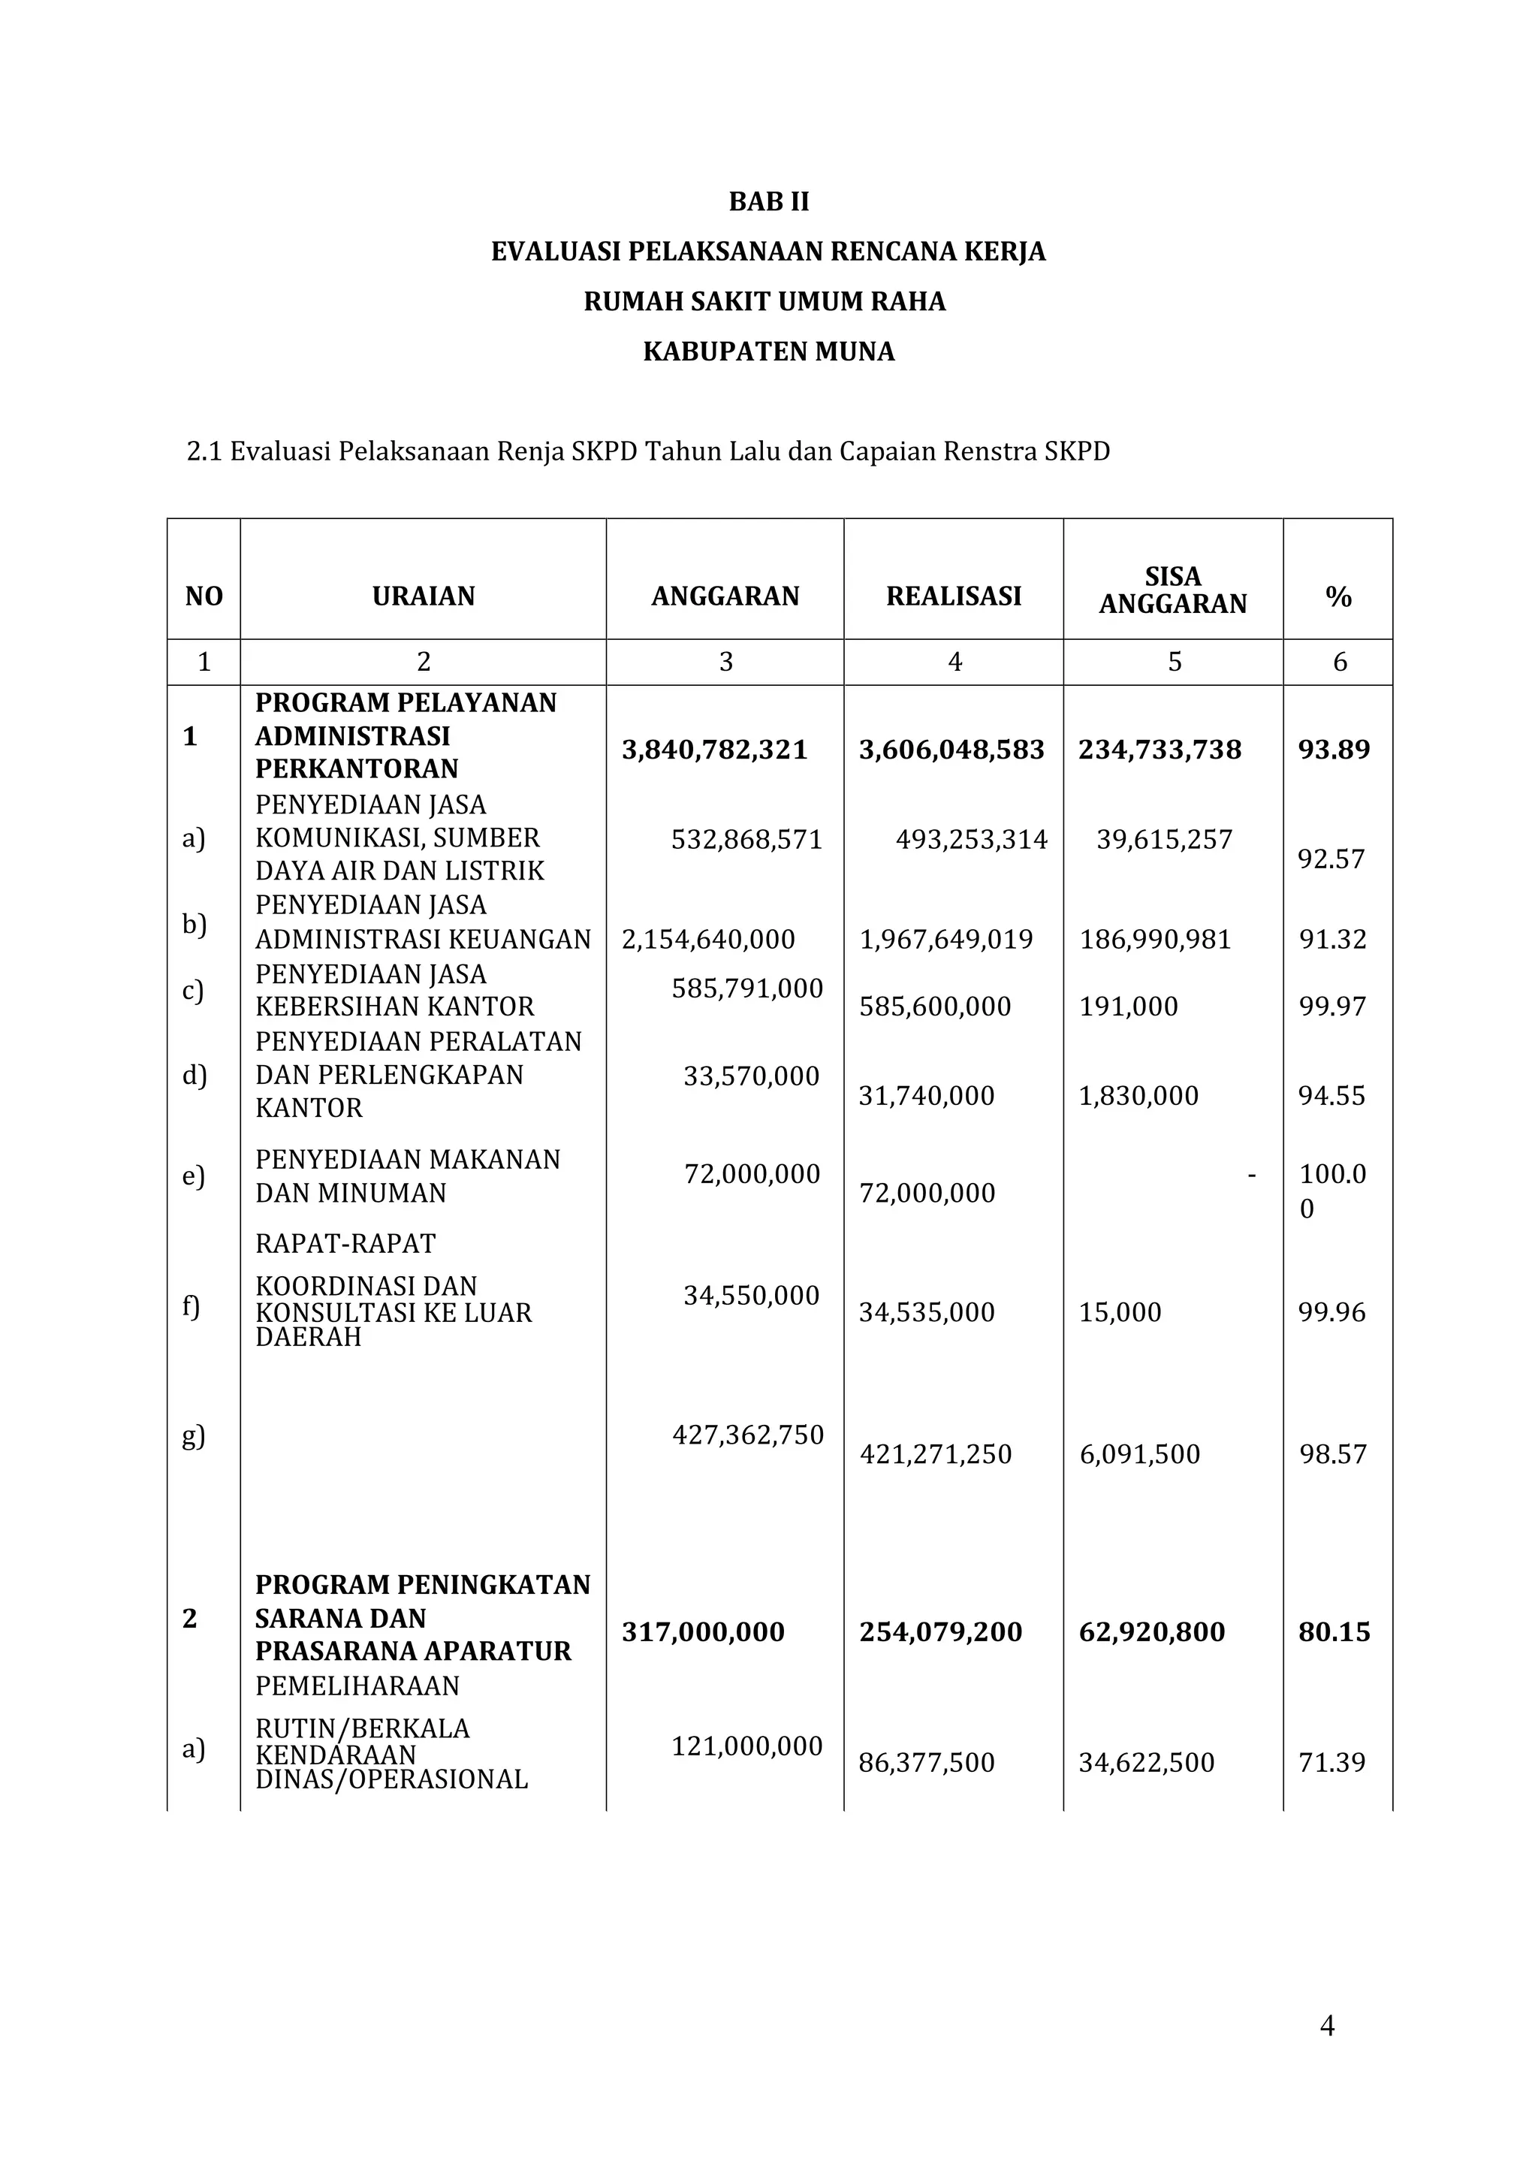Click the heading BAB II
[768, 202]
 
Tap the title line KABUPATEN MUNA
[768, 352]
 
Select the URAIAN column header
[424, 596]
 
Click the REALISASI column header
[954, 596]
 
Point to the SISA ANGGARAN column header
[1172, 590]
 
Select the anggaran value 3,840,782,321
[715, 750]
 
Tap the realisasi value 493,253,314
[972, 839]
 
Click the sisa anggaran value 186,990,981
[1156, 939]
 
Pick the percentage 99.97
[1332, 1006]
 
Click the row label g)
[193, 1436]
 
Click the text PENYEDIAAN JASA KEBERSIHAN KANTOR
[395, 990]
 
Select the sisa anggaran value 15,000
[1120, 1312]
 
